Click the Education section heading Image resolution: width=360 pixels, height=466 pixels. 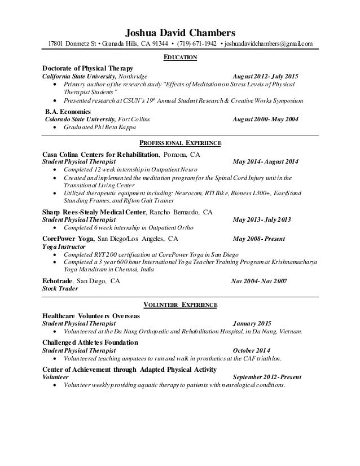[x=180, y=58]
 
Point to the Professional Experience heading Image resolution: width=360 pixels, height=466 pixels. [x=180, y=143]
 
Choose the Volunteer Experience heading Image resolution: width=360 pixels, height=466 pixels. [x=180, y=305]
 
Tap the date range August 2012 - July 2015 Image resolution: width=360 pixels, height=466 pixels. [x=266, y=76]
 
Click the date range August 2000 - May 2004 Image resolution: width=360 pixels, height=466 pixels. [x=266, y=120]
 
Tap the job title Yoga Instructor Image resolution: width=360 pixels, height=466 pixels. [x=64, y=247]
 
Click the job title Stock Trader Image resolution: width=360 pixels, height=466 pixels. [x=61, y=288]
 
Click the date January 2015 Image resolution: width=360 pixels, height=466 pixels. [x=252, y=324]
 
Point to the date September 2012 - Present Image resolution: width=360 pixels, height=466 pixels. [x=266, y=377]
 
